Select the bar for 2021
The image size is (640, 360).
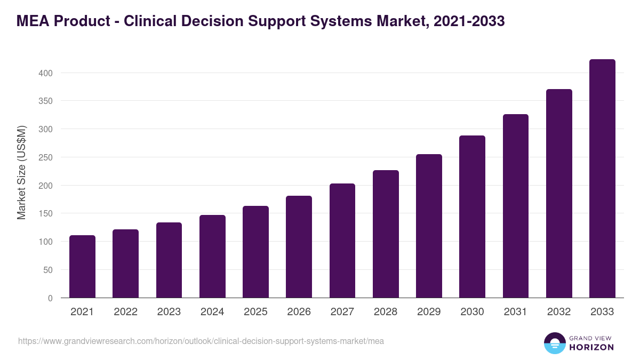coord(82,267)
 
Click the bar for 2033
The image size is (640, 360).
coord(602,179)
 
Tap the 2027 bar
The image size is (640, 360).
coord(342,241)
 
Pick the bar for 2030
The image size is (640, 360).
coord(472,217)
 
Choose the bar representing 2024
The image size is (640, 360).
coord(212,257)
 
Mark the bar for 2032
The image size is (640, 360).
coord(559,194)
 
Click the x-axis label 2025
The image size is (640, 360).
coord(255,312)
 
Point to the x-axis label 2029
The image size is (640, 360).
coord(429,312)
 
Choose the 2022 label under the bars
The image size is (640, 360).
coord(125,312)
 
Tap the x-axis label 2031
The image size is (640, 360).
coord(516,312)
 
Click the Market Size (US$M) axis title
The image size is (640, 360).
coord(21,172)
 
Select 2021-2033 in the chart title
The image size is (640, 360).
coord(469,21)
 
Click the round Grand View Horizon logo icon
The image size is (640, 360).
coord(554,343)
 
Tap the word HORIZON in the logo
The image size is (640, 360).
coord(591,347)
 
